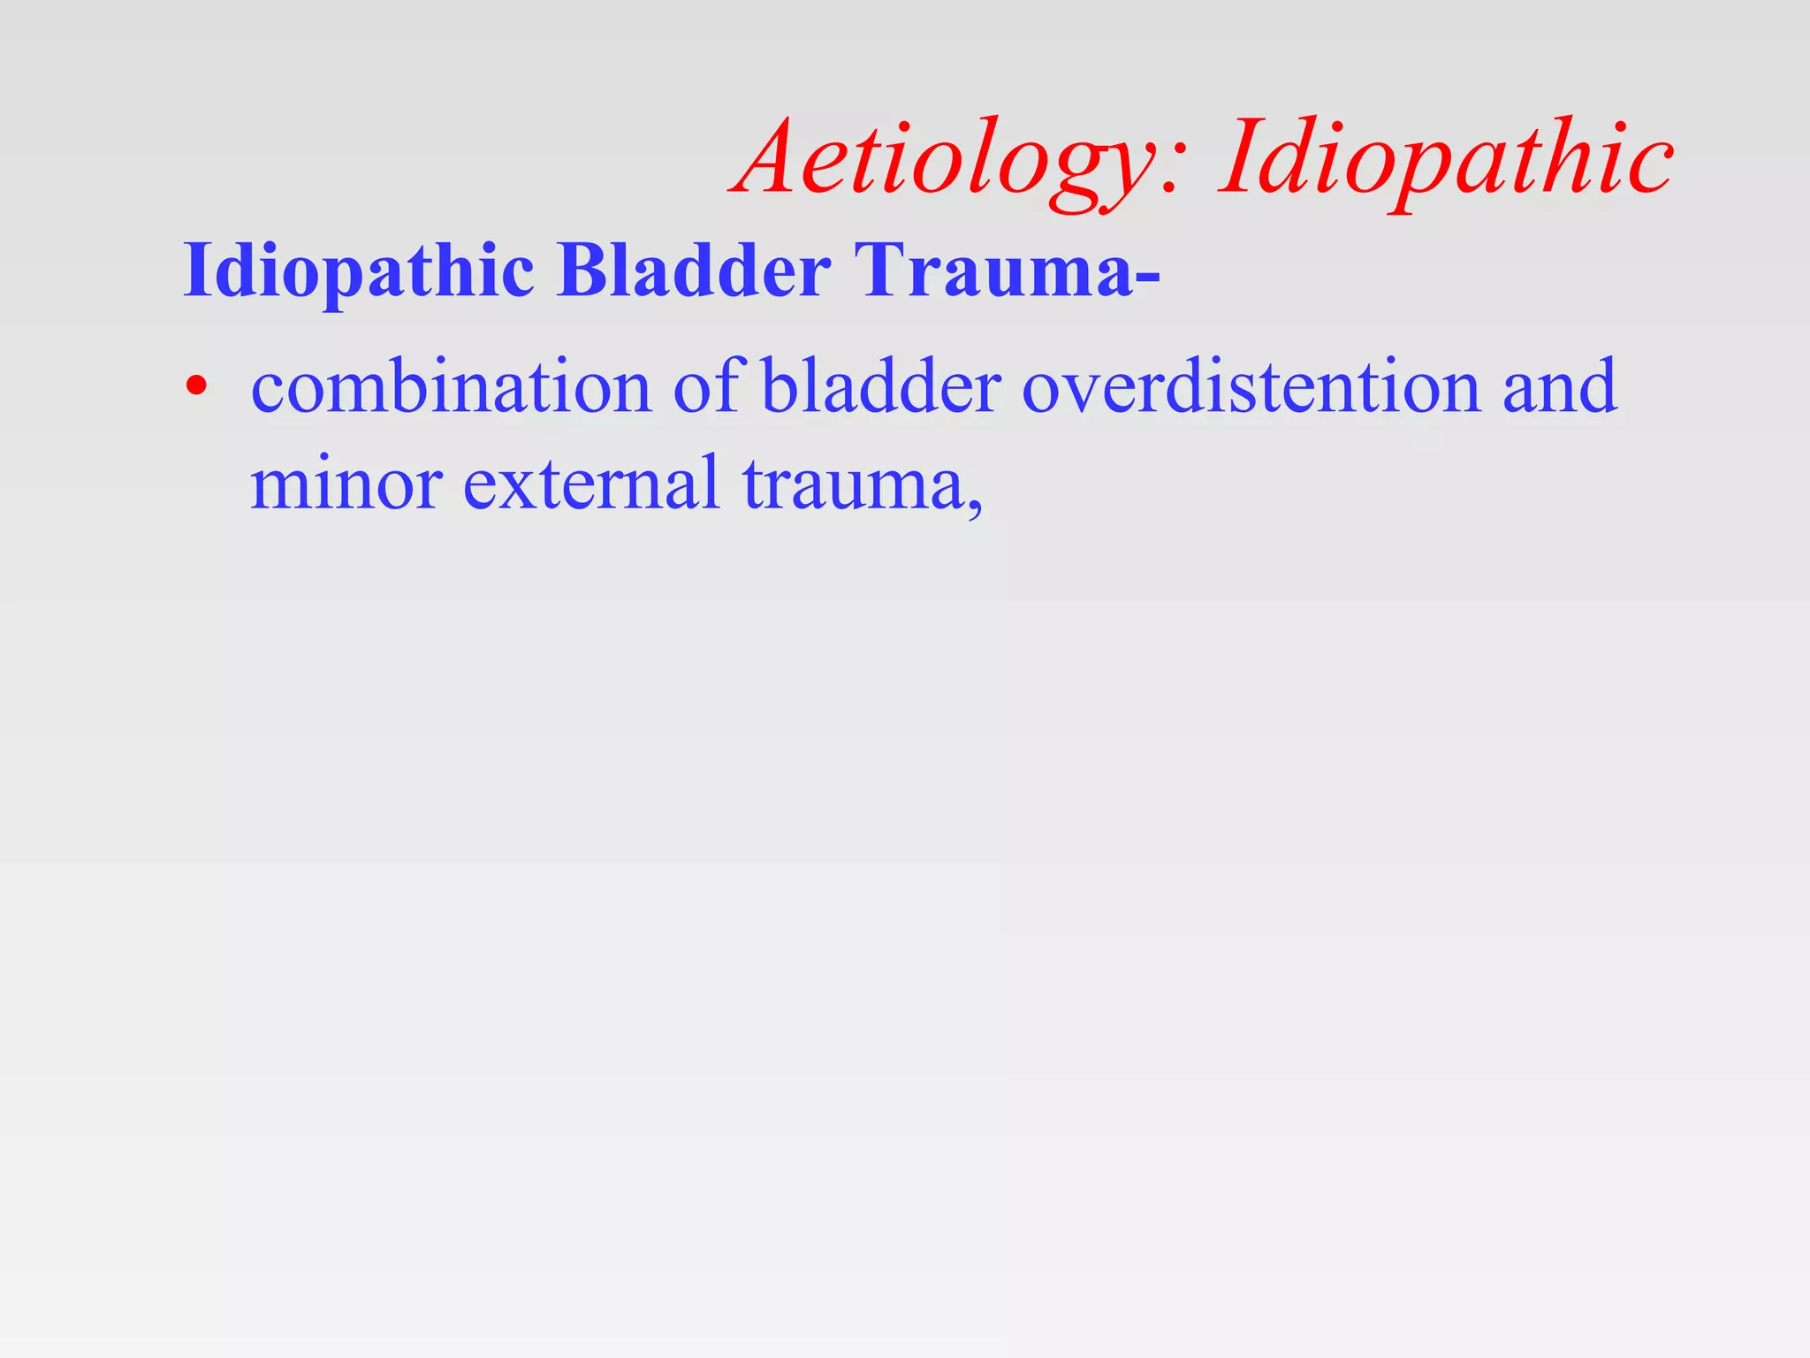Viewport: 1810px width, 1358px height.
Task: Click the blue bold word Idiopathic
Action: [358, 270]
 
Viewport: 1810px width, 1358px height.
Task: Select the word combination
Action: [451, 387]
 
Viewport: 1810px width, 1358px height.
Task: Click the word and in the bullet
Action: [1560, 387]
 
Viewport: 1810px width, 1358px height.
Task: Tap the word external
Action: [591, 484]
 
